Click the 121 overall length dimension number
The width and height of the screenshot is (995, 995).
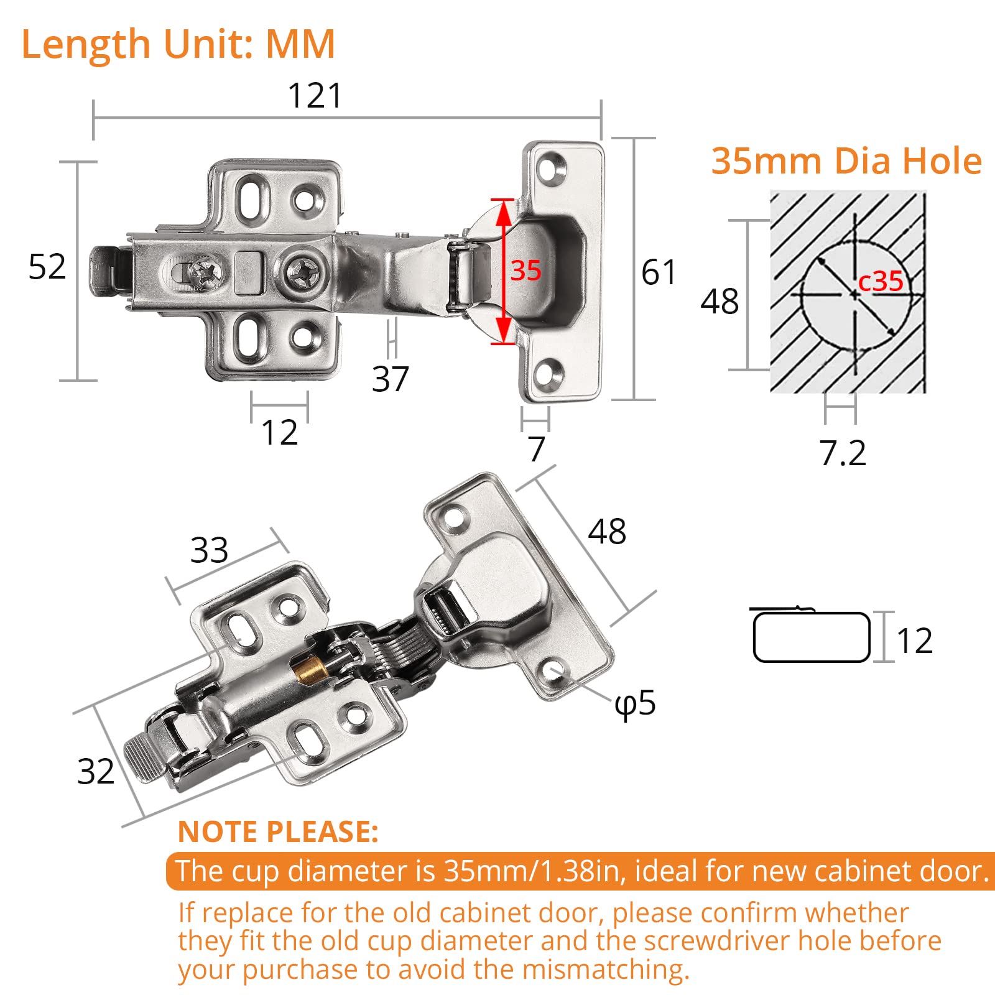(x=315, y=96)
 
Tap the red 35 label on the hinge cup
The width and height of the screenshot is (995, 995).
(x=525, y=271)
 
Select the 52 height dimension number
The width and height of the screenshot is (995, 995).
(x=47, y=267)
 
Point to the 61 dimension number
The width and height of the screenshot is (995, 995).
(x=659, y=272)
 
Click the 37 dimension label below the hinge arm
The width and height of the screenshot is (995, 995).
(x=390, y=379)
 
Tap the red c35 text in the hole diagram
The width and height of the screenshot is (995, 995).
(x=880, y=281)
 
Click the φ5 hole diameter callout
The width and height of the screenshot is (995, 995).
(x=635, y=703)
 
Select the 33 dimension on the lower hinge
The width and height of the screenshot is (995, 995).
(x=209, y=550)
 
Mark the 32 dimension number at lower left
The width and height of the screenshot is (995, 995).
(x=95, y=771)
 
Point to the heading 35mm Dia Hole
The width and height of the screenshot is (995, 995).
(x=846, y=161)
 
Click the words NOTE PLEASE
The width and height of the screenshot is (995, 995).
(x=278, y=831)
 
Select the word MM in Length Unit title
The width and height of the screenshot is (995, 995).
(x=300, y=44)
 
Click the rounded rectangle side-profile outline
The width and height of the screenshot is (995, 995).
(x=811, y=637)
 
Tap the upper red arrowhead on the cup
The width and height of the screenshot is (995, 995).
(x=503, y=211)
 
